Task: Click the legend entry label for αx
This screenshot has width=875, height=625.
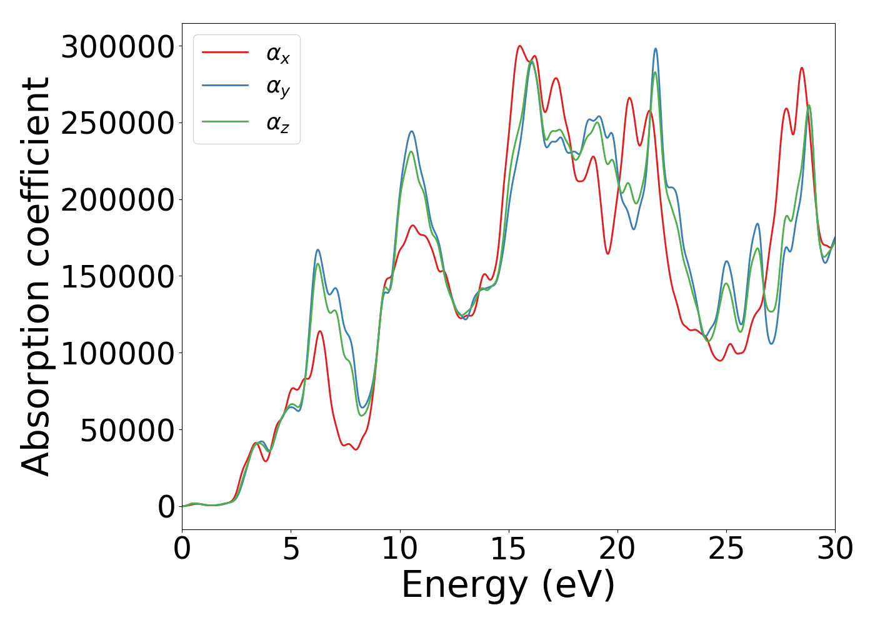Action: (x=278, y=54)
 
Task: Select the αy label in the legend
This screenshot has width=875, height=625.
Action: (x=278, y=88)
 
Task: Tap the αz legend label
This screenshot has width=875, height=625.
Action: (x=278, y=123)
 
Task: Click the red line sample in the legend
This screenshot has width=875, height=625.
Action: (x=226, y=52)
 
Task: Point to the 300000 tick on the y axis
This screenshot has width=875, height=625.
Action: (x=117, y=47)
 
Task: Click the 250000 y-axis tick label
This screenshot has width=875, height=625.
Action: (x=117, y=123)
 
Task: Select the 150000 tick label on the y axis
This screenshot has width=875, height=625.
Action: (x=117, y=277)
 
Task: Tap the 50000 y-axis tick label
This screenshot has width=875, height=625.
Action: (x=127, y=431)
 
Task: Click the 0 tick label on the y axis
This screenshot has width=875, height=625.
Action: (x=166, y=507)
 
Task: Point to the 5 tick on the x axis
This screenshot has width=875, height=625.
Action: (x=291, y=549)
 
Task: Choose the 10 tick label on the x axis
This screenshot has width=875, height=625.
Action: (x=399, y=549)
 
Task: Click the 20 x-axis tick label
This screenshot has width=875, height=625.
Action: (x=617, y=549)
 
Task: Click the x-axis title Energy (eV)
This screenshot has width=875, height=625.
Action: (x=508, y=586)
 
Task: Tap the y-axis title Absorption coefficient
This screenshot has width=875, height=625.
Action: (x=36, y=277)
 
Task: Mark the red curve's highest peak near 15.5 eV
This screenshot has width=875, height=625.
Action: (x=519, y=46)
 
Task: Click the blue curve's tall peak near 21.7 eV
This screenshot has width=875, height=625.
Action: (x=656, y=49)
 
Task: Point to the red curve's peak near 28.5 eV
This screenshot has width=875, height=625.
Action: (x=801, y=68)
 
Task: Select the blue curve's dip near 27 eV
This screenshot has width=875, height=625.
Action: (x=772, y=344)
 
